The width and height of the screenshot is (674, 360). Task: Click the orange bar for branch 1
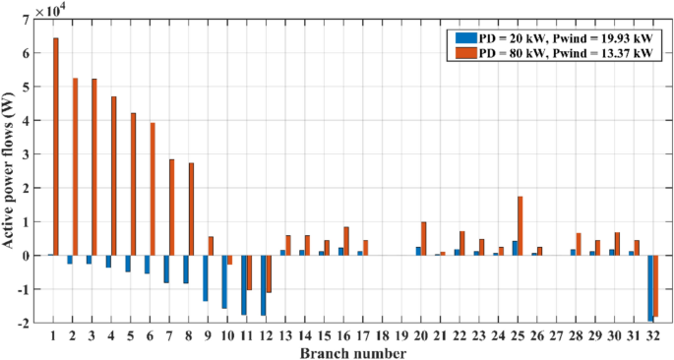click(56, 147)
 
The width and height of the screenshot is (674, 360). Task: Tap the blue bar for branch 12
click(263, 285)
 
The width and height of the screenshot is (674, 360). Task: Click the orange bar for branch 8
click(191, 209)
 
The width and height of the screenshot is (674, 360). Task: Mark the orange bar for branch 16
click(346, 241)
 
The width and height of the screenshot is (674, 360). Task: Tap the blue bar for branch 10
click(224, 281)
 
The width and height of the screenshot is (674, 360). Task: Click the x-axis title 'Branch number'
click(352, 351)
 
